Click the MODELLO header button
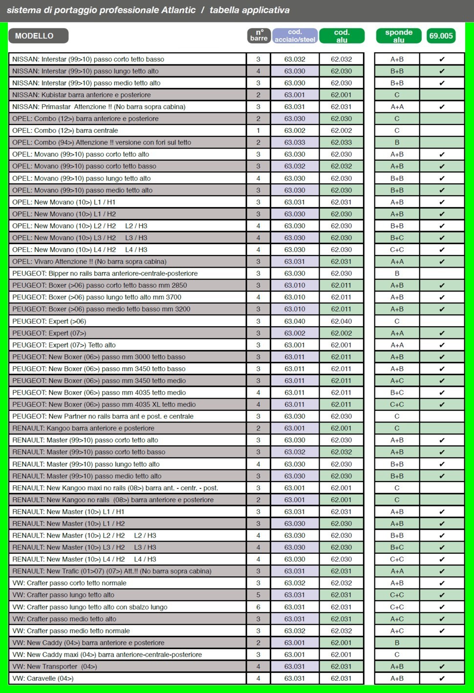(38, 36)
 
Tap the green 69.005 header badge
(441, 36)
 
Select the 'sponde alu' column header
(398, 36)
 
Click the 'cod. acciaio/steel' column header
(295, 36)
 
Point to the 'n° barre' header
(259, 36)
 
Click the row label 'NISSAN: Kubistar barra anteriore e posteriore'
(82, 95)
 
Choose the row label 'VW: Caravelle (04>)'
(43, 678)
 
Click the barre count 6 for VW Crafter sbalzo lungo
(259, 607)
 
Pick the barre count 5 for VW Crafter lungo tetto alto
(259, 595)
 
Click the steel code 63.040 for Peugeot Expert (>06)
(295, 321)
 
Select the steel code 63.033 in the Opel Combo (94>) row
(295, 143)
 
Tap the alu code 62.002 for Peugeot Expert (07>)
(341, 333)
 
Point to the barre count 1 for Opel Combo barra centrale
(259, 130)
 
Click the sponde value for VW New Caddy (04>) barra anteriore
(397, 643)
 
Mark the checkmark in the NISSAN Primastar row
(442, 107)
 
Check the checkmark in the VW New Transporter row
(442, 667)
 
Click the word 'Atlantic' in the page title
(178, 10)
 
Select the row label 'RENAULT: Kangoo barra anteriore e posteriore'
(83, 428)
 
